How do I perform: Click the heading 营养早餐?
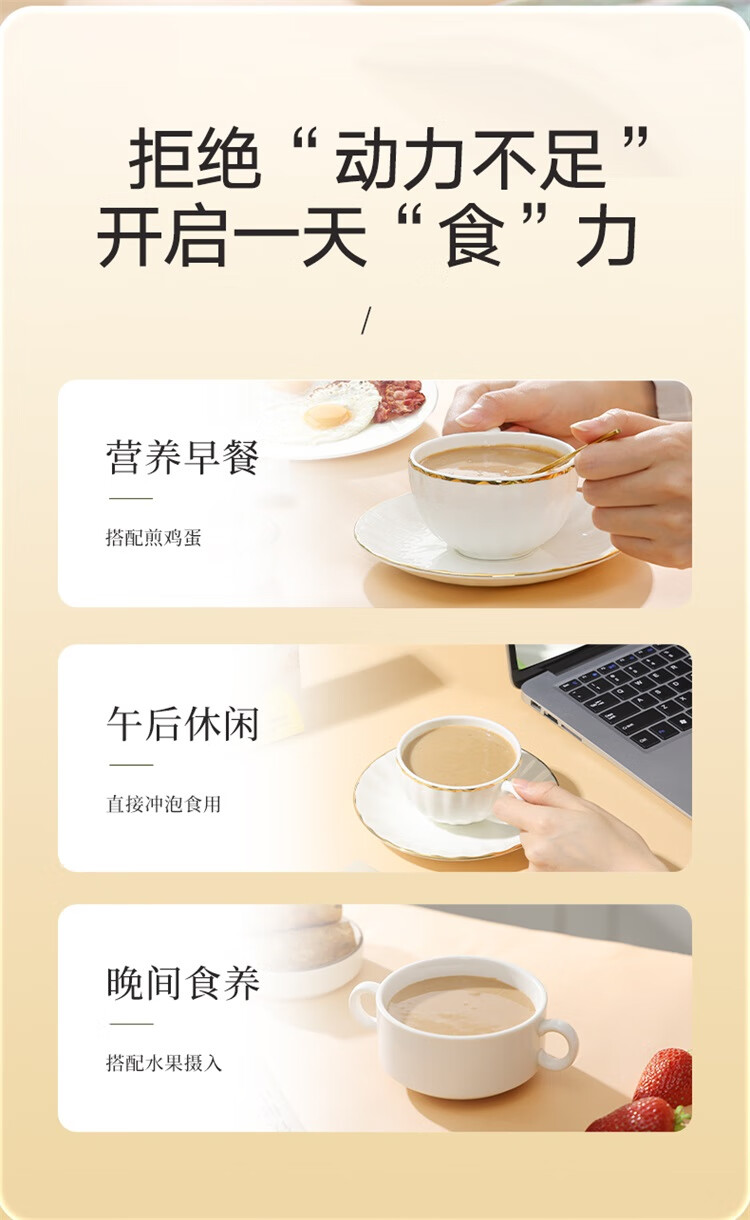pyautogui.click(x=182, y=458)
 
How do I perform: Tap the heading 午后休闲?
pyautogui.click(x=182, y=724)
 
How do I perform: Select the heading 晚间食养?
pyautogui.click(x=182, y=983)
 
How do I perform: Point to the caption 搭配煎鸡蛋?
pyautogui.click(x=154, y=538)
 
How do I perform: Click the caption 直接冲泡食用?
pyautogui.click(x=163, y=804)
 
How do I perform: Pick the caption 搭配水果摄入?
pyautogui.click(x=163, y=1063)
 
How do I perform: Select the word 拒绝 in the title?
pyautogui.click(x=194, y=158)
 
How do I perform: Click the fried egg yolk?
pyautogui.click(x=327, y=416)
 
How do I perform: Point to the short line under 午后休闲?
pyautogui.click(x=131, y=765)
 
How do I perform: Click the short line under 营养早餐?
pyautogui.click(x=131, y=498)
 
